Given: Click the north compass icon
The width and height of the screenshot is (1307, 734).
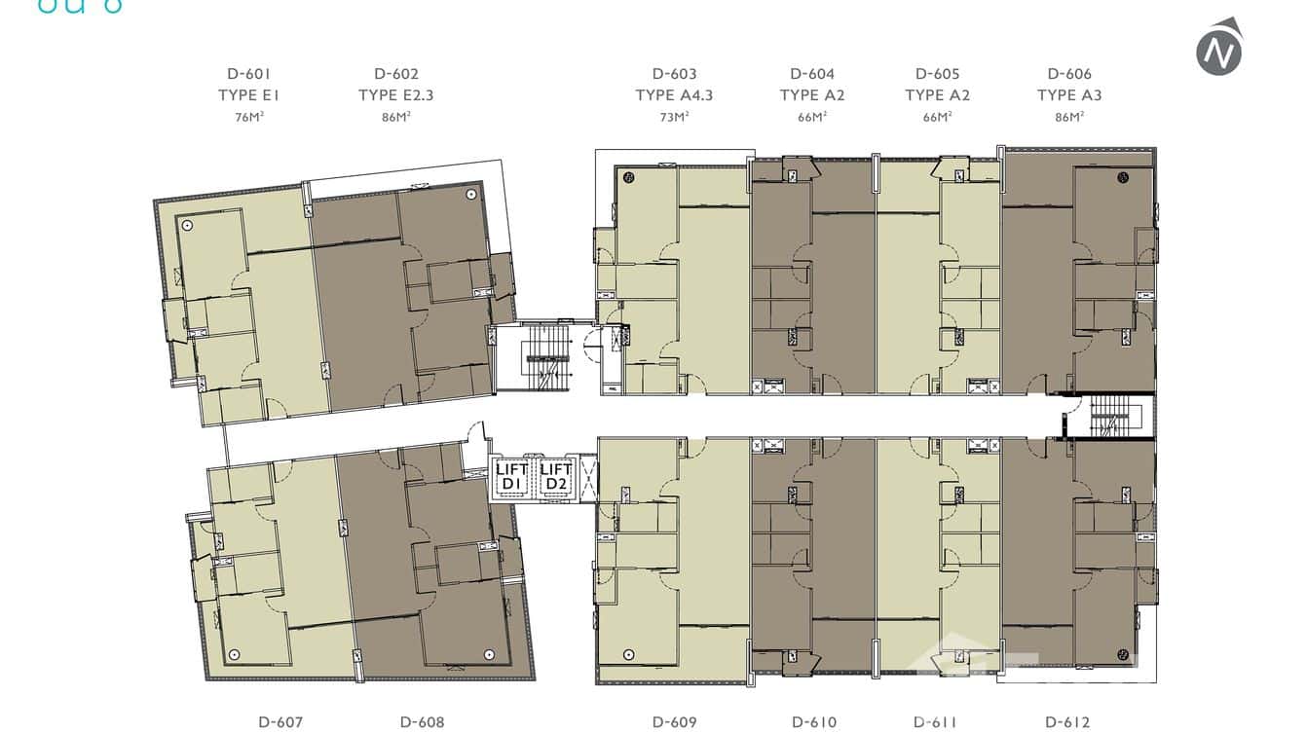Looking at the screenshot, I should point(1219,47).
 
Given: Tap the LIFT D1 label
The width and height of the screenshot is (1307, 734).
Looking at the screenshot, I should point(512,477).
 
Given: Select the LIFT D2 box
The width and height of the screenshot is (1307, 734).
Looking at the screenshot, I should point(556,477).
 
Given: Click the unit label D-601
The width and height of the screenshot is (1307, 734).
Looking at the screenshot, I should point(248,74).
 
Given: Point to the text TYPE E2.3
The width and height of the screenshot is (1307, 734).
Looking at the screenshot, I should point(395,95).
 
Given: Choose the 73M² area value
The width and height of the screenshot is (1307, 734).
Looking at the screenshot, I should point(674,117).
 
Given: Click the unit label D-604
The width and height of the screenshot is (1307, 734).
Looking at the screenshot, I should point(812,74).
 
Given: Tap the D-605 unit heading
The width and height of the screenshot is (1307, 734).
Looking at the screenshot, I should point(937,74).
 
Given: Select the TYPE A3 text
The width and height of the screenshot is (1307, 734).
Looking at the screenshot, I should point(1069,95).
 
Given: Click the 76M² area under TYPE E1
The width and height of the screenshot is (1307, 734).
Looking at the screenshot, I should point(248,117).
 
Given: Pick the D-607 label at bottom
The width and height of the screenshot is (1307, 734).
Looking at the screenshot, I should point(280,722).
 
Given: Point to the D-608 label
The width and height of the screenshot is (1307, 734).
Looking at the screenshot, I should point(422,722).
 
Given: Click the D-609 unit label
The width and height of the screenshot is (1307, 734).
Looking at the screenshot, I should point(674,722).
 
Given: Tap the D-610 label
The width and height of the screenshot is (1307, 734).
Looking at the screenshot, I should point(814,722).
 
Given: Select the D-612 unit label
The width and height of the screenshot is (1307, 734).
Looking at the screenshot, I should point(1067,722).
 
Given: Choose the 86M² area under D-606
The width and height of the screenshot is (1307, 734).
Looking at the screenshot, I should point(1069,117).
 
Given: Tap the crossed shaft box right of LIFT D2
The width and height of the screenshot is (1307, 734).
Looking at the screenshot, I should point(587,477).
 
